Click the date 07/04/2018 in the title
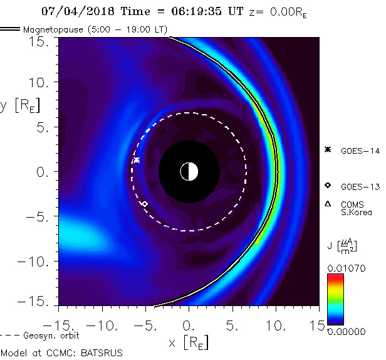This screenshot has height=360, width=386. (73, 11)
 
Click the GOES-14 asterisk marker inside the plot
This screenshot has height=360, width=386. (137, 161)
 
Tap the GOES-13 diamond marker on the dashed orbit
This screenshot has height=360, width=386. (145, 204)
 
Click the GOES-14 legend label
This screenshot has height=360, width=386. (360, 151)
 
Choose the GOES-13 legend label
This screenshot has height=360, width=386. (360, 186)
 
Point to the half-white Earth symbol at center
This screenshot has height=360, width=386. (189, 171)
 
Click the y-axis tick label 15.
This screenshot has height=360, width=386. (41, 41)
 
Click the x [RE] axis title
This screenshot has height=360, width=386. (189, 342)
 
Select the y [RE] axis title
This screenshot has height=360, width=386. (19, 105)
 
